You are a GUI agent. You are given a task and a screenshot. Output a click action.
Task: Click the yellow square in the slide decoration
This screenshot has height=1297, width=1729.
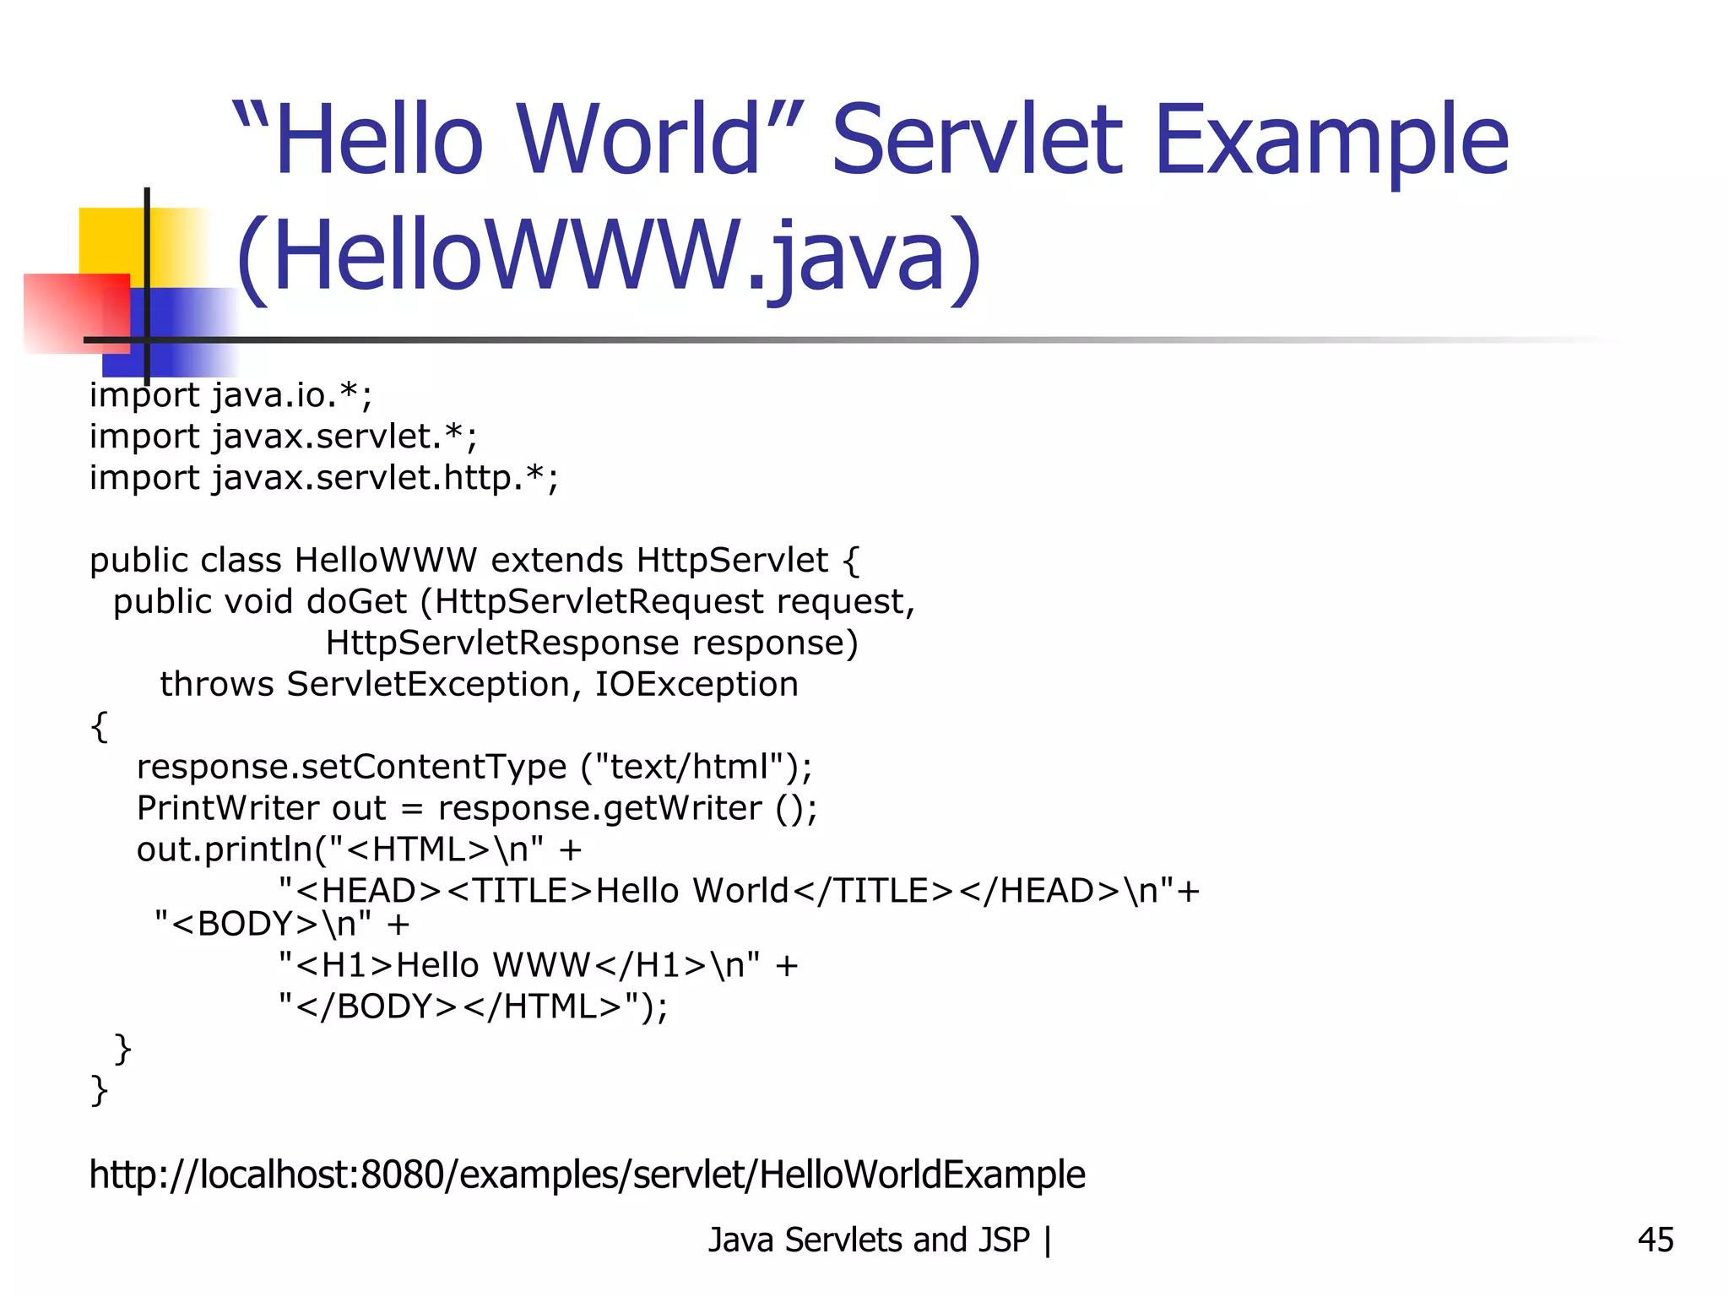(114, 241)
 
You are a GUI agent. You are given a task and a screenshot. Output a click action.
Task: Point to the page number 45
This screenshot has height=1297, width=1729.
(1655, 1240)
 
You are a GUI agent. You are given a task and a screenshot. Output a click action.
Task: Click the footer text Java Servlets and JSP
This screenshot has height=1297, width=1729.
(869, 1240)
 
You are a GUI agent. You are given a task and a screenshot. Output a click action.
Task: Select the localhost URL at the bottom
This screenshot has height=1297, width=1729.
(587, 1175)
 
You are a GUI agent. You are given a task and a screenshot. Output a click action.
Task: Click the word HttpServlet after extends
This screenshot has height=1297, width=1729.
(732, 561)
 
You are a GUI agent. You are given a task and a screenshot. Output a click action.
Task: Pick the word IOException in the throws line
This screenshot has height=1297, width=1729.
(696, 684)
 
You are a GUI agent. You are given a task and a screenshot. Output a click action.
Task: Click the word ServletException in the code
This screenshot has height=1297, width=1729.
(428, 684)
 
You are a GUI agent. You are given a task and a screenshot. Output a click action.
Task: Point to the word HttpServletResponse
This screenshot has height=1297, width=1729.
(502, 643)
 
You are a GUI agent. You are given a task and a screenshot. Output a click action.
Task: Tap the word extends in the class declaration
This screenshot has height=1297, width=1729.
(557, 561)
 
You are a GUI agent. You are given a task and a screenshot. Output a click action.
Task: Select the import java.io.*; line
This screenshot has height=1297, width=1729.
(230, 395)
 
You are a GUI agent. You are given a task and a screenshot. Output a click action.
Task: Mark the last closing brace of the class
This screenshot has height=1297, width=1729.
(99, 1090)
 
